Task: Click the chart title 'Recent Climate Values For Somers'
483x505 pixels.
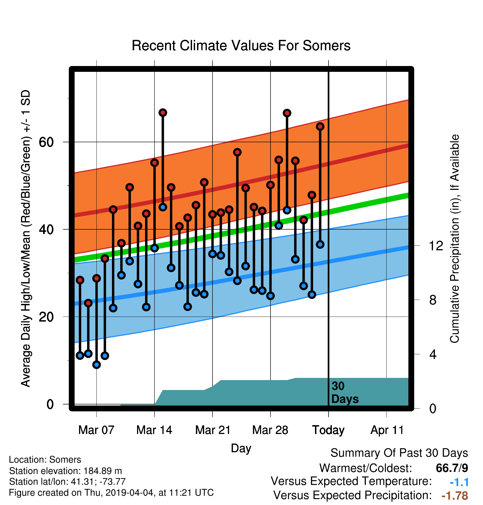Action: [x=241, y=46]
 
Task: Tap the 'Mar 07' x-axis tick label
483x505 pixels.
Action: [x=96, y=430]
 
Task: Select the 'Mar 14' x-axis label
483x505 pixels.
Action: [x=154, y=430]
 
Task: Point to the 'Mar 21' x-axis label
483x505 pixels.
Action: [x=213, y=430]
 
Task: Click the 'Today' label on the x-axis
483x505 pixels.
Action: [x=328, y=430]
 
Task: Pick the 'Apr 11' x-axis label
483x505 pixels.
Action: [x=387, y=430]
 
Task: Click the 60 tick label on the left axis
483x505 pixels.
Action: [x=46, y=142]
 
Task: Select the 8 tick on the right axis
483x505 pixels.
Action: [x=433, y=300]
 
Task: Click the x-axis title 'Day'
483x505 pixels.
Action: [x=241, y=448]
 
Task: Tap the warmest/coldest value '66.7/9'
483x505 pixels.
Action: [x=452, y=468]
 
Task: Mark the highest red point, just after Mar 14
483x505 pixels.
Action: [x=163, y=113]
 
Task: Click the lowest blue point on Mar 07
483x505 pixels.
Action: [x=96, y=365]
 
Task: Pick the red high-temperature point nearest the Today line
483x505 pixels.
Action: [x=320, y=127]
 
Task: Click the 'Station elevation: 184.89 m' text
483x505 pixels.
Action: [x=65, y=471]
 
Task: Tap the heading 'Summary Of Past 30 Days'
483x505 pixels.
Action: [x=399, y=453]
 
